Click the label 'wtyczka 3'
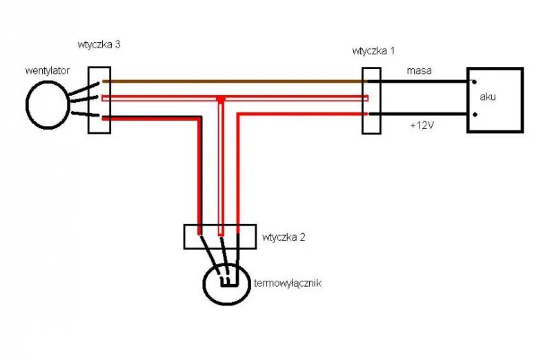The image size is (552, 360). point(99,45)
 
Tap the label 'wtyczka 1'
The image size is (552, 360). point(373,50)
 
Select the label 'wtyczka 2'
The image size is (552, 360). point(284,237)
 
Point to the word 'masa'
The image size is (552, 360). point(420,71)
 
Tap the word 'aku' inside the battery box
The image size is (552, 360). point(488,97)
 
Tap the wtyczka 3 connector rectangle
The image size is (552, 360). point(99,100)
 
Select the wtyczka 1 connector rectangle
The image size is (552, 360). point(371,100)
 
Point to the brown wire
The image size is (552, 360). point(235,81)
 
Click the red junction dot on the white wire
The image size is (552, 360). point(220,100)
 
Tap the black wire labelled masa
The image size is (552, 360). point(421,81)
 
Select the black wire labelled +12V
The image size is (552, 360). point(421,114)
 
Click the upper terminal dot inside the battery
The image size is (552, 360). point(473,81)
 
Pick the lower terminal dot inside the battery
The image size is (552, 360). point(473,114)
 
